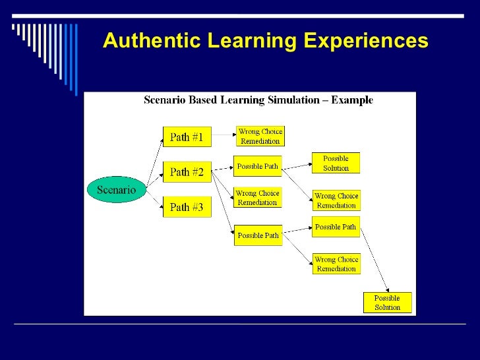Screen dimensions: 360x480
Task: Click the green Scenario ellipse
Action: tap(116, 190)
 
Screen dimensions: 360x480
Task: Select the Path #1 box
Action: tap(187, 137)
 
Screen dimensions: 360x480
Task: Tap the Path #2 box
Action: tap(187, 172)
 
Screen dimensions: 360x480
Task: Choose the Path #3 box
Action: tap(187, 207)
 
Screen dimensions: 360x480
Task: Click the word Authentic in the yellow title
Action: tap(152, 41)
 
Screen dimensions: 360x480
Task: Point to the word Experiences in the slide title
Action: tap(366, 41)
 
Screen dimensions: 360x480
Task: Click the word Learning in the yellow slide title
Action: tap(252, 41)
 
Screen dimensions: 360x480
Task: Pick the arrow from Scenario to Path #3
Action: tap(154, 202)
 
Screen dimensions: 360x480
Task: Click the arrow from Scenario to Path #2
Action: tap(154, 179)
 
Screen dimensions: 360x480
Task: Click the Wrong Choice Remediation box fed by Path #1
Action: tap(260, 136)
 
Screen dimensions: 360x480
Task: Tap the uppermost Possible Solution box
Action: tap(336, 163)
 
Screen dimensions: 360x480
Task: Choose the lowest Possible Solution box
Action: tap(387, 303)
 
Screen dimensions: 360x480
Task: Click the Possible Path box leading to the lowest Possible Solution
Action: tap(336, 227)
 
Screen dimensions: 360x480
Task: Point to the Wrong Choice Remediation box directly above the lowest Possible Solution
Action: tap(336, 264)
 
